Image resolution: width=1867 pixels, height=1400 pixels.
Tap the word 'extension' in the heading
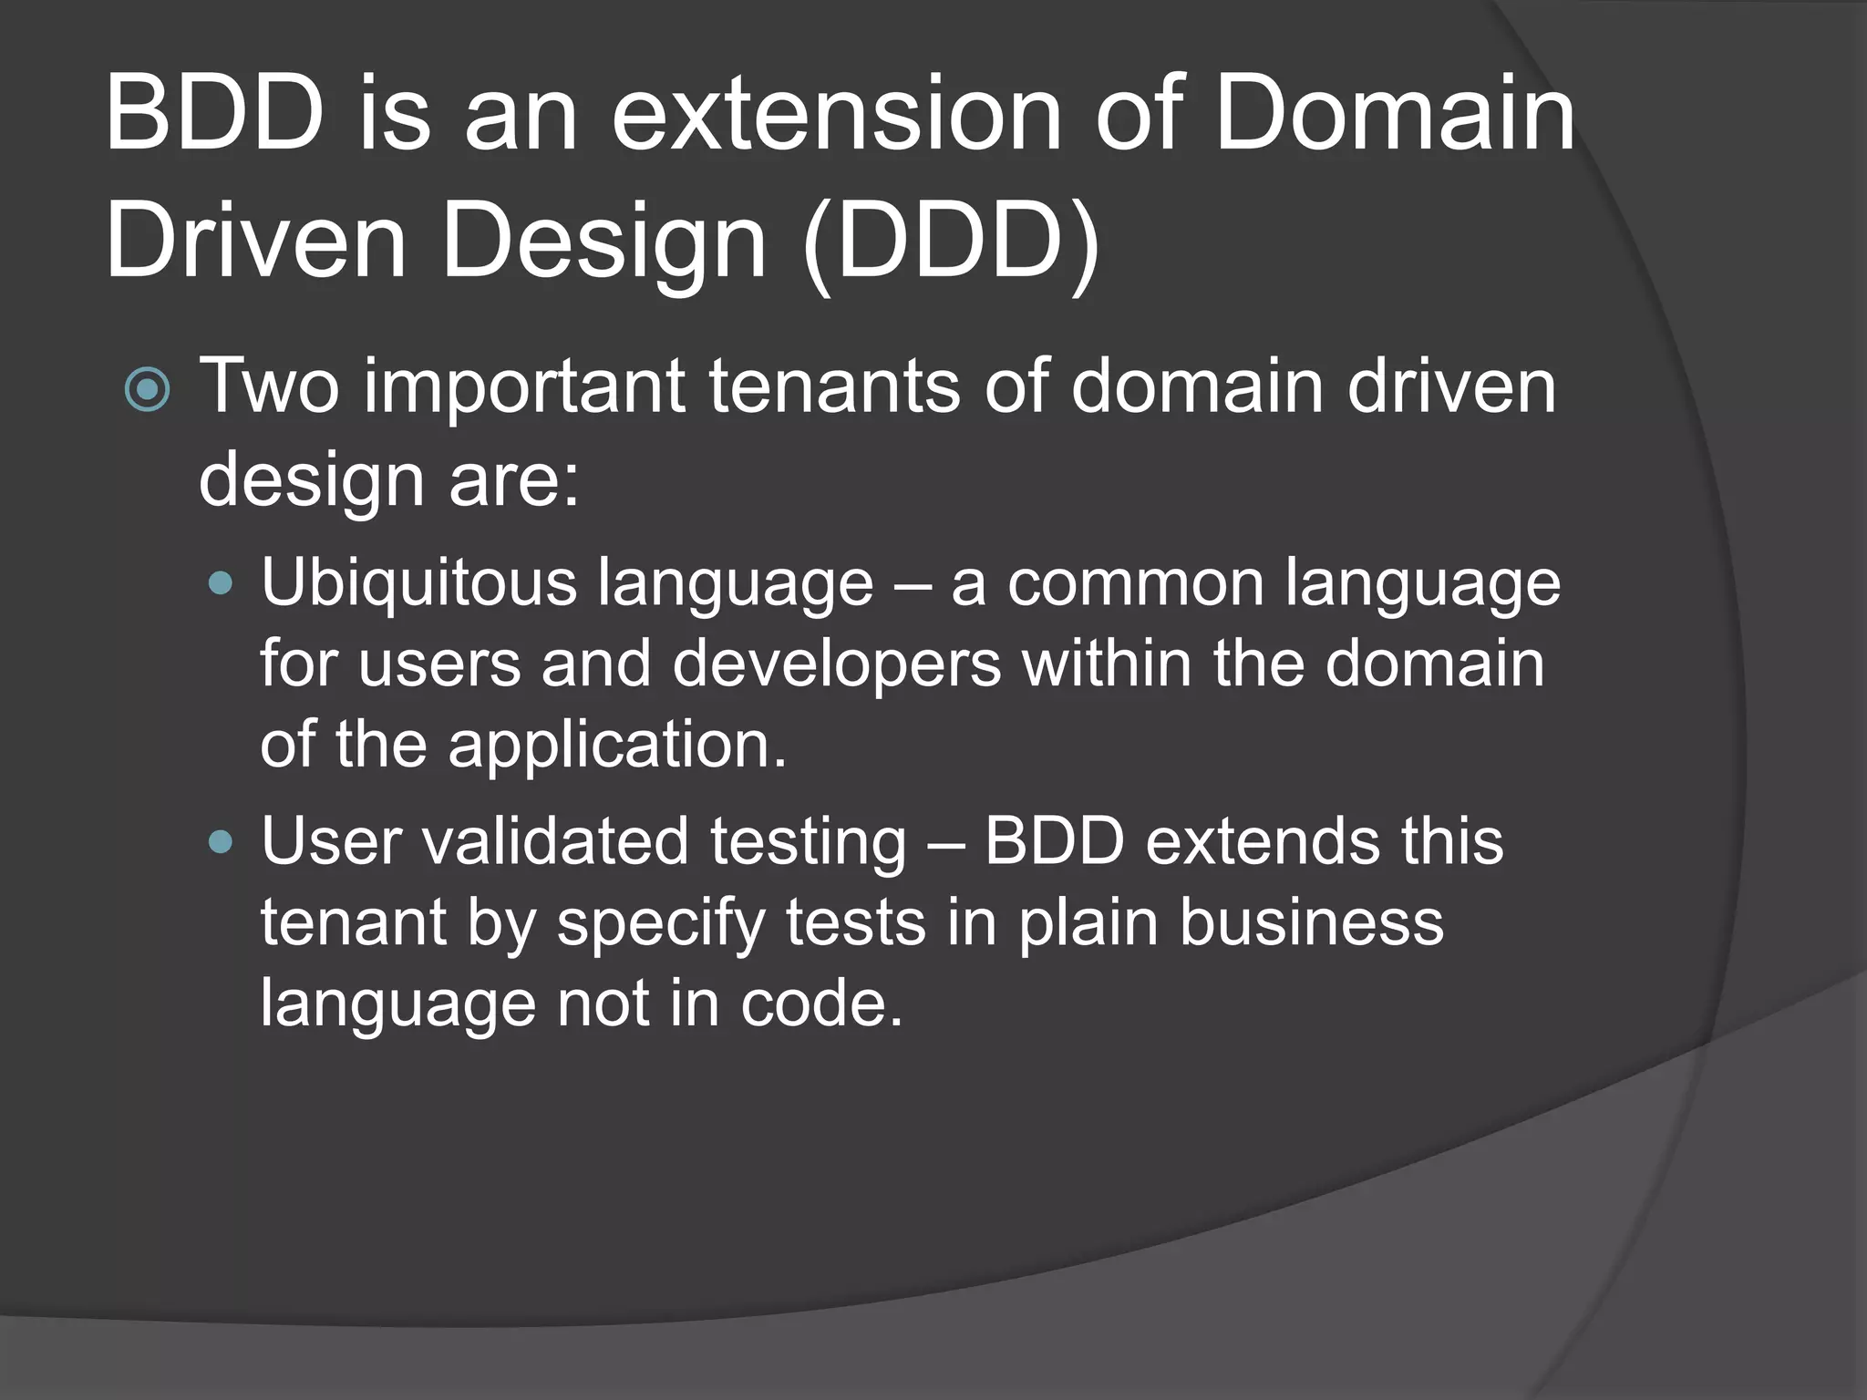836,116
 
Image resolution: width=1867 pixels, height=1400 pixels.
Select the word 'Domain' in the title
1394,116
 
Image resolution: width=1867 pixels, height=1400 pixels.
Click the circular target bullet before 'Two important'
147,390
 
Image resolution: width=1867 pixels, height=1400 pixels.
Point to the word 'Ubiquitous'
418,582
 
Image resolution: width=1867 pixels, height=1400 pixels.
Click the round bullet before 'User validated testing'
221,841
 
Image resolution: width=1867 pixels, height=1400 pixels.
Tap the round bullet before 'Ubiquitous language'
221,583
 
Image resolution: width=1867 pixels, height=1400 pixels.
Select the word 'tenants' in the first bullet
834,386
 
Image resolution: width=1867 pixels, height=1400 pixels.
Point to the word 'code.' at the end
820,1004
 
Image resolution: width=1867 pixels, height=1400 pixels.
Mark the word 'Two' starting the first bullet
270,386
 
